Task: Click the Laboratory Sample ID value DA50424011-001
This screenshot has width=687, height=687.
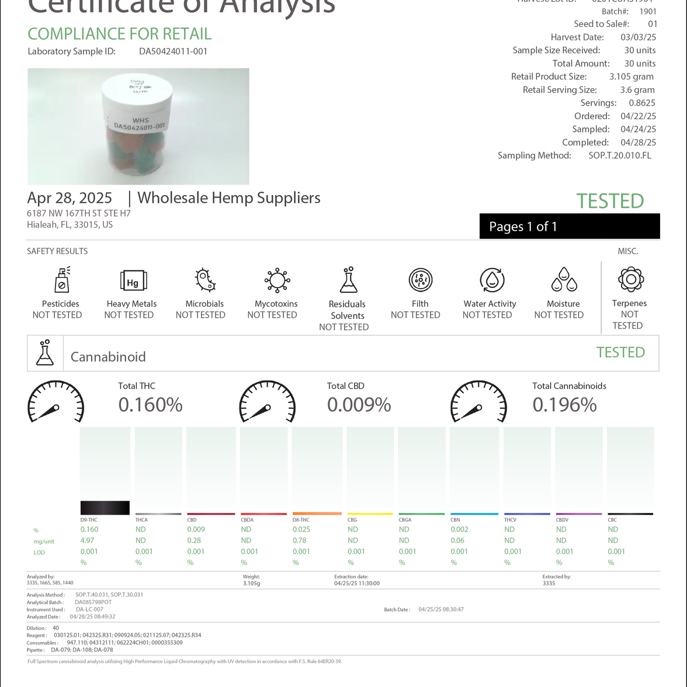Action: [173, 51]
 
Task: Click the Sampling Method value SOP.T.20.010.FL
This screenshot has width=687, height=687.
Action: [619, 155]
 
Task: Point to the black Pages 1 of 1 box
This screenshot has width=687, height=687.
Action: [570, 227]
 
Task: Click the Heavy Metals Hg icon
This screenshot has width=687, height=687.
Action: [133, 282]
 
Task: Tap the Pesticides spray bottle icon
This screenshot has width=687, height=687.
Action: [61, 280]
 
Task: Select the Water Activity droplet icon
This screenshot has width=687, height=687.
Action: [492, 280]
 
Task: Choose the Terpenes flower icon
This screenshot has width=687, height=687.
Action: [631, 279]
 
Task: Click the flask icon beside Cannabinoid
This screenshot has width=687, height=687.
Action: [45, 353]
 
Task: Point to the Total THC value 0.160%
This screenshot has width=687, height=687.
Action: [150, 404]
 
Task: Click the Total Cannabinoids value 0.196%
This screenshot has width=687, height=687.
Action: [564, 404]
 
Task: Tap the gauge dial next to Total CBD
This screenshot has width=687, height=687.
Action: [268, 402]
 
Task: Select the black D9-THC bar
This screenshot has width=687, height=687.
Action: [105, 507]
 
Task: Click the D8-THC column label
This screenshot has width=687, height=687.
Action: [301, 520]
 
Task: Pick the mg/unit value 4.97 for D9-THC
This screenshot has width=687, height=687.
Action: [87, 540]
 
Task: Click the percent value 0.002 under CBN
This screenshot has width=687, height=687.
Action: [459, 529]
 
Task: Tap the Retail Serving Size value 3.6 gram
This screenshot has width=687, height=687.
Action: [637, 90]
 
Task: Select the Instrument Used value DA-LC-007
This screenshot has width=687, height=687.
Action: [89, 609]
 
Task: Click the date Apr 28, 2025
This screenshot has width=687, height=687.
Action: [70, 198]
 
